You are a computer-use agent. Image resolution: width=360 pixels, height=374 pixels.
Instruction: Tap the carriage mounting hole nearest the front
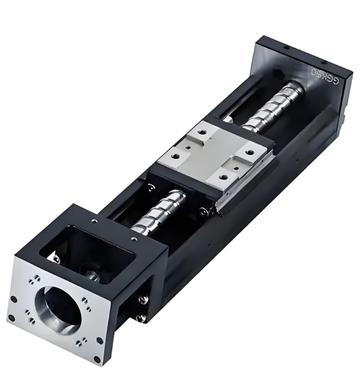pos(222,177)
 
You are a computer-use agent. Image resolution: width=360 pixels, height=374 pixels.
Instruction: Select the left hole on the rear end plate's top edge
pos(286,47)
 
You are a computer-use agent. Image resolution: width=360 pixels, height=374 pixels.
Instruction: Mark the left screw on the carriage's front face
pos(152,186)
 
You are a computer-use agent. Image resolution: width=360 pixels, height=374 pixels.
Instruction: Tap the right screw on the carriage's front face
pos(204,211)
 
